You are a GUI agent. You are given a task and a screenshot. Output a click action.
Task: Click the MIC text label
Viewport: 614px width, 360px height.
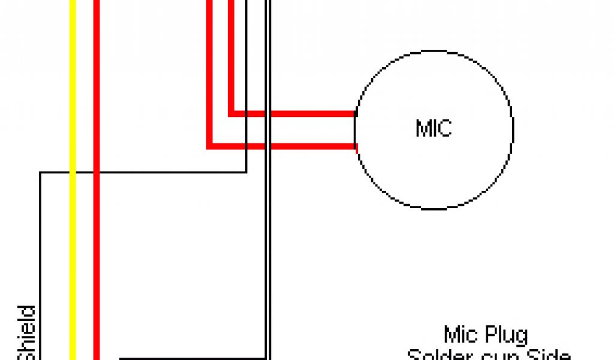433,128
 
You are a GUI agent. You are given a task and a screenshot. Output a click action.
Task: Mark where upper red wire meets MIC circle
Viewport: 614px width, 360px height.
355,113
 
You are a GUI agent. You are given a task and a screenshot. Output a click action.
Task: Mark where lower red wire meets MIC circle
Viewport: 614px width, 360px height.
356,145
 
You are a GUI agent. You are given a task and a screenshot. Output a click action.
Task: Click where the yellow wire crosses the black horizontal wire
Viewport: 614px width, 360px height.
73,173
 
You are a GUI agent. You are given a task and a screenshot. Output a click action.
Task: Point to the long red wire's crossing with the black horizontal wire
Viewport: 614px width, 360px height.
96,173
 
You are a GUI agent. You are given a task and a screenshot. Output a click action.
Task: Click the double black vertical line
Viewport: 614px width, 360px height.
269,240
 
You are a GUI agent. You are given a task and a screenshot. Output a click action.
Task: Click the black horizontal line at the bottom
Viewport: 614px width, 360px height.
192,358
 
